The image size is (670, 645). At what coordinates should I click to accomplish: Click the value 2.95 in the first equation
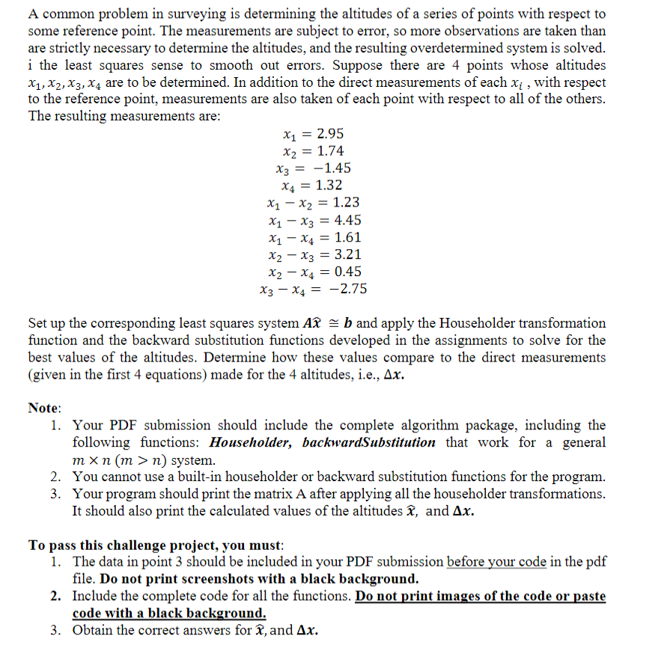(330, 134)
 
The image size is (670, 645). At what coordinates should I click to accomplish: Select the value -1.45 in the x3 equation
(333, 168)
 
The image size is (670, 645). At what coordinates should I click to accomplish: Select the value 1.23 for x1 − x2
(346, 203)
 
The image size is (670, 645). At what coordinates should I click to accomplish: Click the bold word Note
(44, 408)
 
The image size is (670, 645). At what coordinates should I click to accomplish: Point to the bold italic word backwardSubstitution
(368, 442)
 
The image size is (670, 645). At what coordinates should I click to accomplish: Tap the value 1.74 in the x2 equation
(330, 151)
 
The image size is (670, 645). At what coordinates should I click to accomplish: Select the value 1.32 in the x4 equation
(330, 186)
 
